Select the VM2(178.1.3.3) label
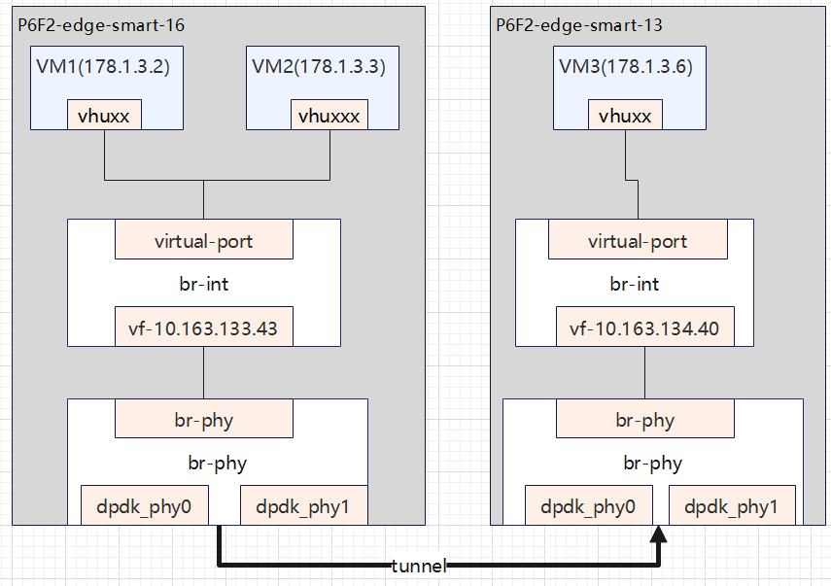[318, 67]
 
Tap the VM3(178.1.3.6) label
[625, 67]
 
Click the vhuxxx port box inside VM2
[329, 116]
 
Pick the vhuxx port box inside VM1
[104, 116]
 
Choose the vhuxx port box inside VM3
[625, 116]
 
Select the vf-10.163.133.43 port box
[203, 328]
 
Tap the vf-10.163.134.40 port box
[644, 328]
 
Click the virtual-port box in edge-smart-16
[203, 241]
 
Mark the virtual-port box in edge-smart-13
[638, 241]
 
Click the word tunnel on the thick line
[418, 566]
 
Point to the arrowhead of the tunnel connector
[660, 534]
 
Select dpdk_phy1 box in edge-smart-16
[302, 505]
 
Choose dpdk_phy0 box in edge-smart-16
[143, 505]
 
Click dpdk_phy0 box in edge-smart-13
[588, 505]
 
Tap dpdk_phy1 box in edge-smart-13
[731, 505]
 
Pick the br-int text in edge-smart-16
[203, 285]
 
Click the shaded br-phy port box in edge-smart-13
[644, 421]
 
